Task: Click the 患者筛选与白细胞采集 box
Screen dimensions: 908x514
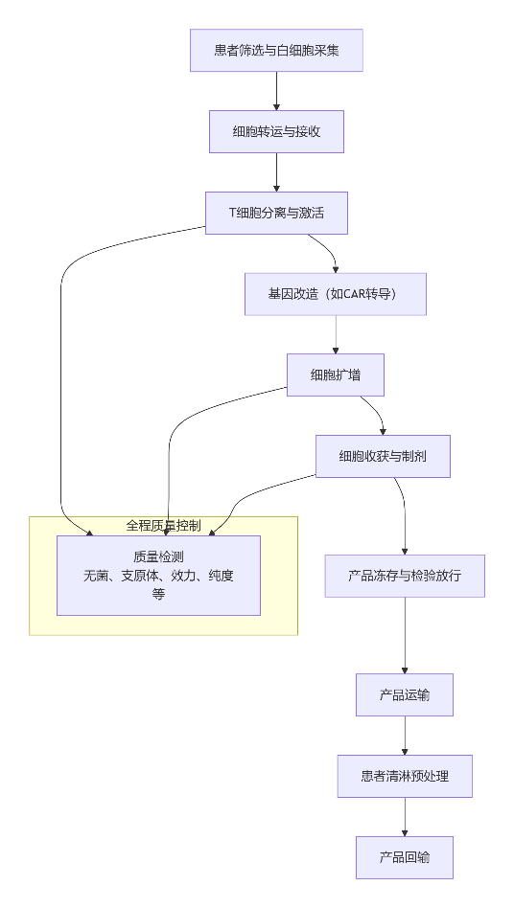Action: (276, 50)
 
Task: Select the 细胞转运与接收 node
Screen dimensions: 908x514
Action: (276, 131)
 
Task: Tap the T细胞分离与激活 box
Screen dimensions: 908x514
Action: (276, 213)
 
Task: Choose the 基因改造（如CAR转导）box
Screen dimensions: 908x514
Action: (335, 294)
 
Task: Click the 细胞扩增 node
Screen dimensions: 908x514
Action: (335, 375)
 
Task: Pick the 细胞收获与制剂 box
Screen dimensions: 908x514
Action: (383, 456)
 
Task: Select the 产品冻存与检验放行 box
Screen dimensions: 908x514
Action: (404, 576)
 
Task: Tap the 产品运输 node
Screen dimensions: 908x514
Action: (404, 694)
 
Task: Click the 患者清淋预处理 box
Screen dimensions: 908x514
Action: (404, 776)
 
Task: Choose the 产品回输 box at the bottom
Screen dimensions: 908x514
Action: (404, 857)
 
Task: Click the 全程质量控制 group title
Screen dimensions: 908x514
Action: (163, 525)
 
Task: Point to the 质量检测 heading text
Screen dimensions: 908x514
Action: (158, 556)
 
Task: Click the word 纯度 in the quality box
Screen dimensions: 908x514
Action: (220, 576)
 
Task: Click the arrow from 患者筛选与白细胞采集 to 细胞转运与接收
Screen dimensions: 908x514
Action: (276, 91)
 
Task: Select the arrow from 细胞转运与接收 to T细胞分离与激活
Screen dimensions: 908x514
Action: (276, 172)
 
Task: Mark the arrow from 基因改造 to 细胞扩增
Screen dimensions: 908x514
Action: (335, 334)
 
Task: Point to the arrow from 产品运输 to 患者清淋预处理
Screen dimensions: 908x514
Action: (404, 736)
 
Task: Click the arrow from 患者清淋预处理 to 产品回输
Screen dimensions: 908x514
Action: (404, 817)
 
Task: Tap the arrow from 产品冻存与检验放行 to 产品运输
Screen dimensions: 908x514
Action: (404, 635)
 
